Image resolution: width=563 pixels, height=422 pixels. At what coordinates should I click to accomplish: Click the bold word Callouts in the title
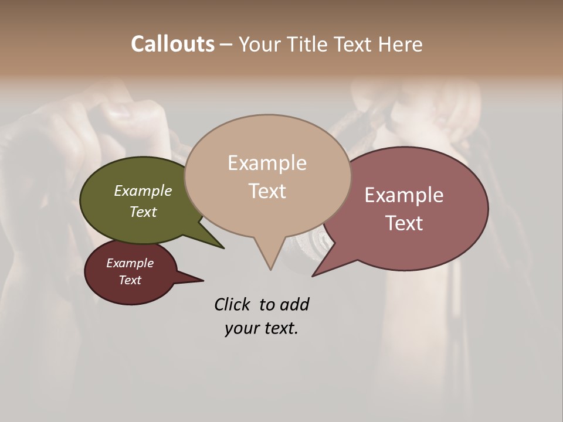pos(172,44)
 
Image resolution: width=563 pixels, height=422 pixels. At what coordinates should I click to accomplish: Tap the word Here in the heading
pos(399,45)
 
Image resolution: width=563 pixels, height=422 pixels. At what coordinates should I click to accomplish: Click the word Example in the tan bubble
pos(267,163)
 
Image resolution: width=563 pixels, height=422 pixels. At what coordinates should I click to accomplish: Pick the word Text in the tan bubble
pos(267,191)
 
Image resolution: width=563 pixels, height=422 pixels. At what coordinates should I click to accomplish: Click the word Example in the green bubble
pos(143,191)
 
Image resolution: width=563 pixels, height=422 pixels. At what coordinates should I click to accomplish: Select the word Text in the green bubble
pos(143,212)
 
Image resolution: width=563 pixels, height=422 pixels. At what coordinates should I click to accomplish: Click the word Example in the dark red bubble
pos(130,264)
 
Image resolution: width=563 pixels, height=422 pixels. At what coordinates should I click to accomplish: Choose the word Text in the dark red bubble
pos(130,280)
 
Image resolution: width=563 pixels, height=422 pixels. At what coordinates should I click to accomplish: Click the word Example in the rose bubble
pos(404,195)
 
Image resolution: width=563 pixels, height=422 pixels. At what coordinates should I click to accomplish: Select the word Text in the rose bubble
pos(404,223)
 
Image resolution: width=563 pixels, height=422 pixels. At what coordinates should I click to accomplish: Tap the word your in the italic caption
pos(241,328)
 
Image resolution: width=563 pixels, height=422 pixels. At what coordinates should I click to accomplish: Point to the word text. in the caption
pos(279,328)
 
